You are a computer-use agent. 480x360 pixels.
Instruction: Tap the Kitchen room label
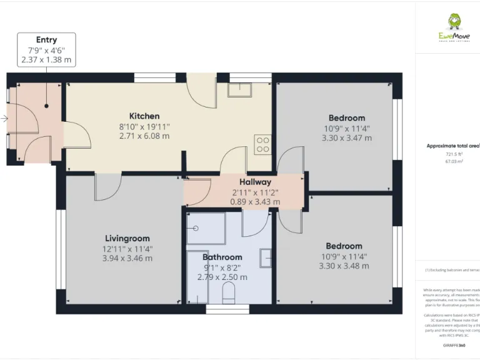pyautogui.click(x=144, y=116)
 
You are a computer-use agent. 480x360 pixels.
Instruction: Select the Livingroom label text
pyautogui.click(x=127, y=238)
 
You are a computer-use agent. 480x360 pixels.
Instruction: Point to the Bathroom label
pyautogui.click(x=222, y=257)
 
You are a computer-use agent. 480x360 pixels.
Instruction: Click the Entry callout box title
pyautogui.click(x=46, y=40)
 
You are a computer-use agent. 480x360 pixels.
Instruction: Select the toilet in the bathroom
pyautogui.click(x=229, y=292)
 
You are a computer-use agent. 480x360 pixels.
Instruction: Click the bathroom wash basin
pyautogui.click(x=265, y=257)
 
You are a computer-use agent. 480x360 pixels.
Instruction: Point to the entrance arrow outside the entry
pyautogui.click(x=5, y=118)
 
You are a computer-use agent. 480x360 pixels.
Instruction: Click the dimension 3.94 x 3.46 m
pyautogui.click(x=127, y=258)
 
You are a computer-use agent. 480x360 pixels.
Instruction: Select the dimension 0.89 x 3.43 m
pyautogui.click(x=255, y=202)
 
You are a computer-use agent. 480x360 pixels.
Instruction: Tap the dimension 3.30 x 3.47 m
pyautogui.click(x=346, y=137)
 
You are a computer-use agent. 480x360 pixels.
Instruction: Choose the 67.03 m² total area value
pyautogui.click(x=454, y=161)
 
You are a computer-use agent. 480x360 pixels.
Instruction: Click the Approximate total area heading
pyautogui.click(x=453, y=146)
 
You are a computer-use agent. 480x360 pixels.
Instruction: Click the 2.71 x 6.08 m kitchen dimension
pyautogui.click(x=144, y=136)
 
